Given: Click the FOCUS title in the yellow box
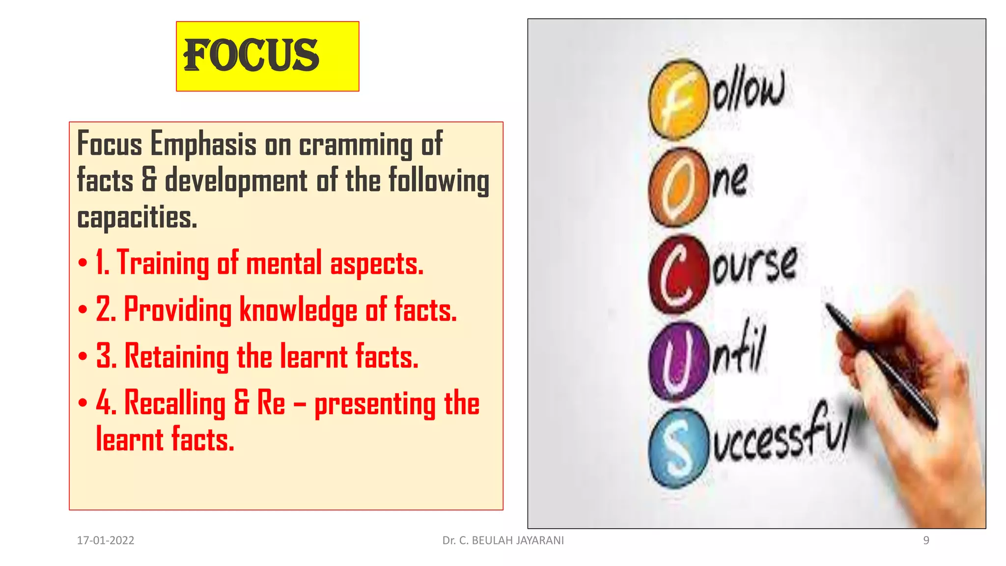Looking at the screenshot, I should [251, 56].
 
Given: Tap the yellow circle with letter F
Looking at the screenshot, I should [678, 100].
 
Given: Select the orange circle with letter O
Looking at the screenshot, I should [678, 188].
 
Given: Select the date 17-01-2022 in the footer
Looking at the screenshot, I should [106, 540].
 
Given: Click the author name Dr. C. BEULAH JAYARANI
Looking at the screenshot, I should [503, 540].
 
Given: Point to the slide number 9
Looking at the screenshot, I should [926, 540].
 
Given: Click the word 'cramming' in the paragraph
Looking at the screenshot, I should [356, 145].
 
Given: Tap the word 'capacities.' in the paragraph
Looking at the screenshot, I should [137, 217].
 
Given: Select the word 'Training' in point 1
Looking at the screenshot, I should [163, 263].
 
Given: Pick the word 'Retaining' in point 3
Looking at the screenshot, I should [176, 356].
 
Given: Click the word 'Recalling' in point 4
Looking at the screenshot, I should [174, 403].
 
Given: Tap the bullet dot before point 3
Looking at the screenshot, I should [83, 356].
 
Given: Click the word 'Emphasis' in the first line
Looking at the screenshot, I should [203, 144].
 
